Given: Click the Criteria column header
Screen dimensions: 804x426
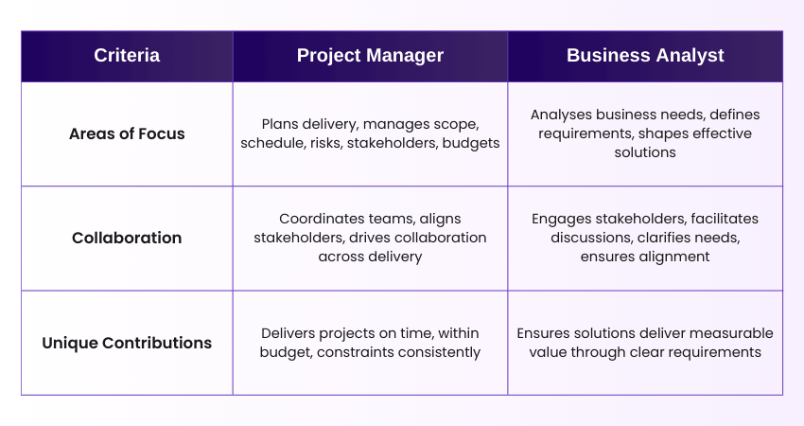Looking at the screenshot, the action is [127, 56].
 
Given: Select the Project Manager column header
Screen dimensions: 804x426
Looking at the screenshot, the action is [370, 56].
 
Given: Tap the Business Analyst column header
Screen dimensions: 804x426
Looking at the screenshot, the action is [645, 56].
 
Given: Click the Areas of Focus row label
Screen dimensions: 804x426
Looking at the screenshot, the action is [127, 134].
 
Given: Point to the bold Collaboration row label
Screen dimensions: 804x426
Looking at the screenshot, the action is [127, 239].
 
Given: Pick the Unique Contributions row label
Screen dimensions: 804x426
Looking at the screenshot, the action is [127, 343].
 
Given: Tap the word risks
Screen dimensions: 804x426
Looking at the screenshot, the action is [325, 143].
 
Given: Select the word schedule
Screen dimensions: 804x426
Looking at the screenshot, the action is [273, 143].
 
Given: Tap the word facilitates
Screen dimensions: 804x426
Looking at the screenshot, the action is [725, 220].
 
